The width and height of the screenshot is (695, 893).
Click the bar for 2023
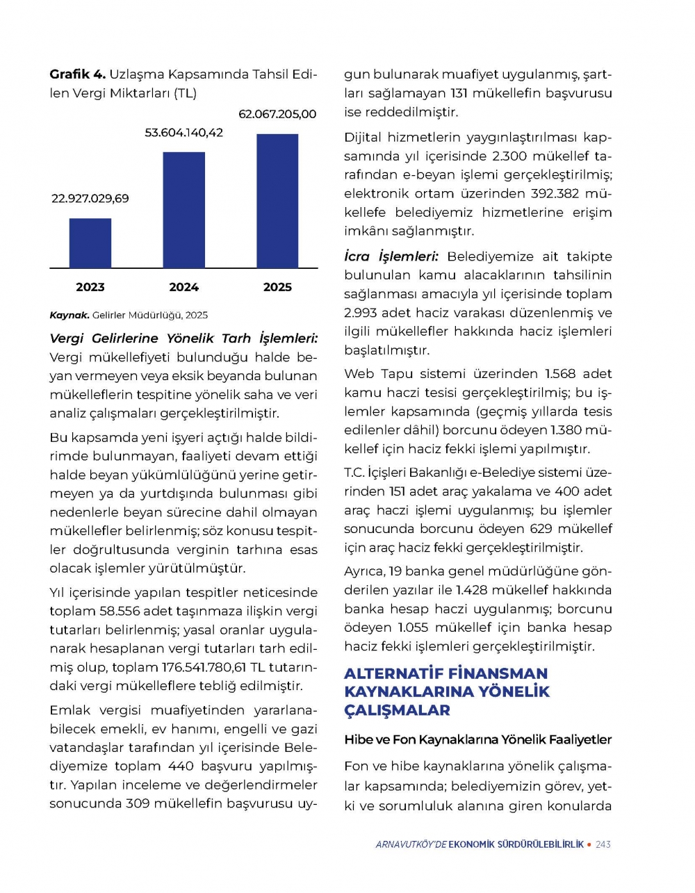pos(90,243)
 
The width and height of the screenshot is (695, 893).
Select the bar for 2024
pos(183,210)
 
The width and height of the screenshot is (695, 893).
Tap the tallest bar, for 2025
pos(277,201)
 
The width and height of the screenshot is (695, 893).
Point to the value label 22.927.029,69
pos(90,199)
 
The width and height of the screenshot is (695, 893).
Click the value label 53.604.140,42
pos(183,133)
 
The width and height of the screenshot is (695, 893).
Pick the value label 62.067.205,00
pos(277,114)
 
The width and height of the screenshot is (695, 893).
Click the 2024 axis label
pos(183,287)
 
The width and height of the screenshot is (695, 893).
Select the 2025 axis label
pos(277,287)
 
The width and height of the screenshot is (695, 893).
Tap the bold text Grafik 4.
pos(77,74)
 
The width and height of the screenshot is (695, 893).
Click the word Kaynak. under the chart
pos(69,315)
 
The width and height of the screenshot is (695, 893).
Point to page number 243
pos(603,844)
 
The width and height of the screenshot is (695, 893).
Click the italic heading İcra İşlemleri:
pos(391,256)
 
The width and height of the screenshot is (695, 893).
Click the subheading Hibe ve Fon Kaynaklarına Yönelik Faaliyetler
pos(477,739)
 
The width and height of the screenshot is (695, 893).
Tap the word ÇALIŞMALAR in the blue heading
pos(397,710)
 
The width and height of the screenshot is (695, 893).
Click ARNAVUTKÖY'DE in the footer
pos(411,844)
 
